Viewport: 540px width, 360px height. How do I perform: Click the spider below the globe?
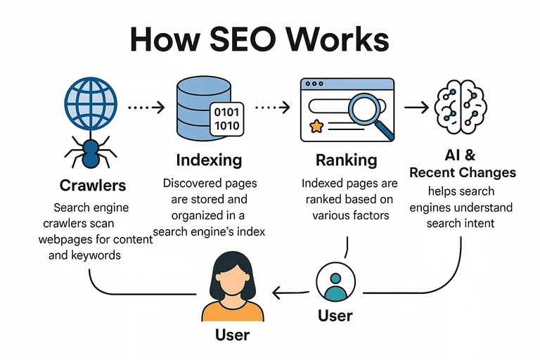coord(91,151)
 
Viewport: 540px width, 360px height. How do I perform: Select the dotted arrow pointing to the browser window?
coord(272,108)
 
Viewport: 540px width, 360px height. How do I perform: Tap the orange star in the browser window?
coord(317,127)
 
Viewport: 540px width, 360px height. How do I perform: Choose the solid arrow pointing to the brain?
coord(415,108)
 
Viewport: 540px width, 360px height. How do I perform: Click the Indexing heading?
coord(209,160)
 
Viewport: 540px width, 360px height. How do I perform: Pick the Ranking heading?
coord(345,160)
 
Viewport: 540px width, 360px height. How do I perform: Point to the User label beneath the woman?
coord(233,335)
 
